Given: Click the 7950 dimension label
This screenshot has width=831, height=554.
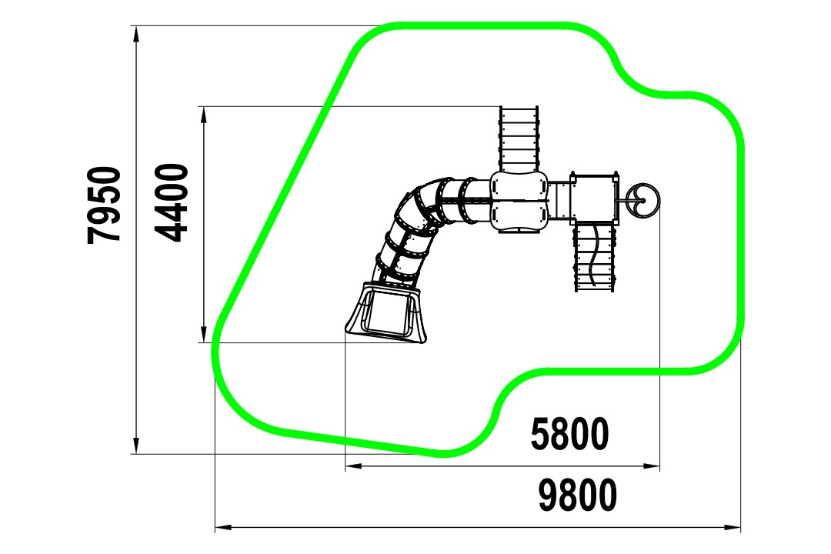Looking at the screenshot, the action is point(105,205).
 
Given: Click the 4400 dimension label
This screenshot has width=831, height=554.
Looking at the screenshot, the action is point(171,202).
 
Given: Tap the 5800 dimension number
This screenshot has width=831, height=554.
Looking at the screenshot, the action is point(569,434).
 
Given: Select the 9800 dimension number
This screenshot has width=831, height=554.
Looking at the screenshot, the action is point(578,496).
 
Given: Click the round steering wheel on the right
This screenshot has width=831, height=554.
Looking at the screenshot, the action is point(642,200).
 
